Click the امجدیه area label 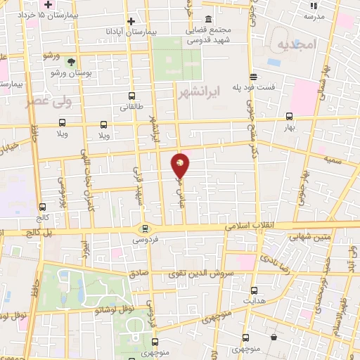click(293, 45)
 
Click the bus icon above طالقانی click(131, 96)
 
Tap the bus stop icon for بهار click(290, 117)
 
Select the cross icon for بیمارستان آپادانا click(131, 22)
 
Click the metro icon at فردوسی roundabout click(145, 228)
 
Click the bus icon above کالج click(44, 207)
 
